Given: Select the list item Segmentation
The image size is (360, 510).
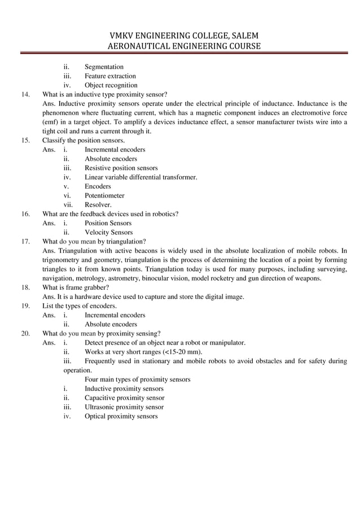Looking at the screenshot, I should coord(104,67).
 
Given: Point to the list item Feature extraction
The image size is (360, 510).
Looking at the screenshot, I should coord(110,76).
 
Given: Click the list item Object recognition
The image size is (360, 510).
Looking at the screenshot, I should coord(111,85).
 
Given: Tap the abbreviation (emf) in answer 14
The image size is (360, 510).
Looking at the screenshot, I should coord(52,122).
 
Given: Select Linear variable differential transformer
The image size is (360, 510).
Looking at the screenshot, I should coord(141,177).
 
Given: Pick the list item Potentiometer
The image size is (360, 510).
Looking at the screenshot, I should coord(104,195).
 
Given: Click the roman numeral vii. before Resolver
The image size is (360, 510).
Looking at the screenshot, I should coord(69,204).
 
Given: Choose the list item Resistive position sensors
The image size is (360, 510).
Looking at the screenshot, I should coord(121,168).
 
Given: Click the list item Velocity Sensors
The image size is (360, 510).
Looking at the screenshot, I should coord(108,232).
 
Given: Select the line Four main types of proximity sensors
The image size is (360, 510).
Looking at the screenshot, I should coord(137,380).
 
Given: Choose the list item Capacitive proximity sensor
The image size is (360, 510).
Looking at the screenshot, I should coord(124,398).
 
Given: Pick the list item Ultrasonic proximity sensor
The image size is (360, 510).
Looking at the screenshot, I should coord(124,407).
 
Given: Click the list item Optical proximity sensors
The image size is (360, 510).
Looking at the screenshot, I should coord(121,416).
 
